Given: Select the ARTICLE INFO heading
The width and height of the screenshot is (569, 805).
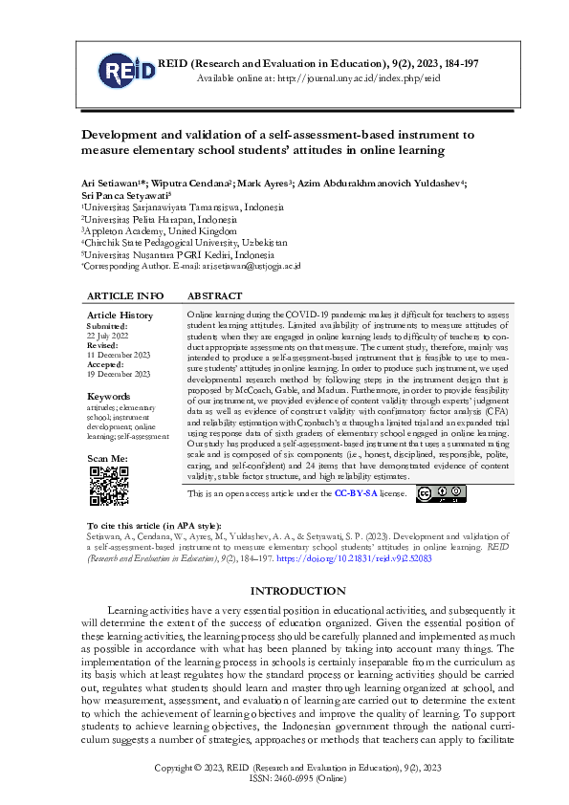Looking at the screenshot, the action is pyautogui.click(x=125, y=296).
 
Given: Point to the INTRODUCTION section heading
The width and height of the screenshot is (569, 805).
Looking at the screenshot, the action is pyautogui.click(x=284, y=591).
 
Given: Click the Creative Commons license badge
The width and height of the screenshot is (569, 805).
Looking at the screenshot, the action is pyautogui.click(x=438, y=493).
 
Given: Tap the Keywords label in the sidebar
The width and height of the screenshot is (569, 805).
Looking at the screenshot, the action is pyautogui.click(x=108, y=396).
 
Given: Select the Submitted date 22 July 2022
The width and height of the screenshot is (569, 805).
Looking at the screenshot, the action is pyautogui.click(x=108, y=336).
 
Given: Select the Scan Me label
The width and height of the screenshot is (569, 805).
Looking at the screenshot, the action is pyautogui.click(x=107, y=460).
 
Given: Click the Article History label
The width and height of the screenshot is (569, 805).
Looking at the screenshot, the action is pyautogui.click(x=120, y=315).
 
